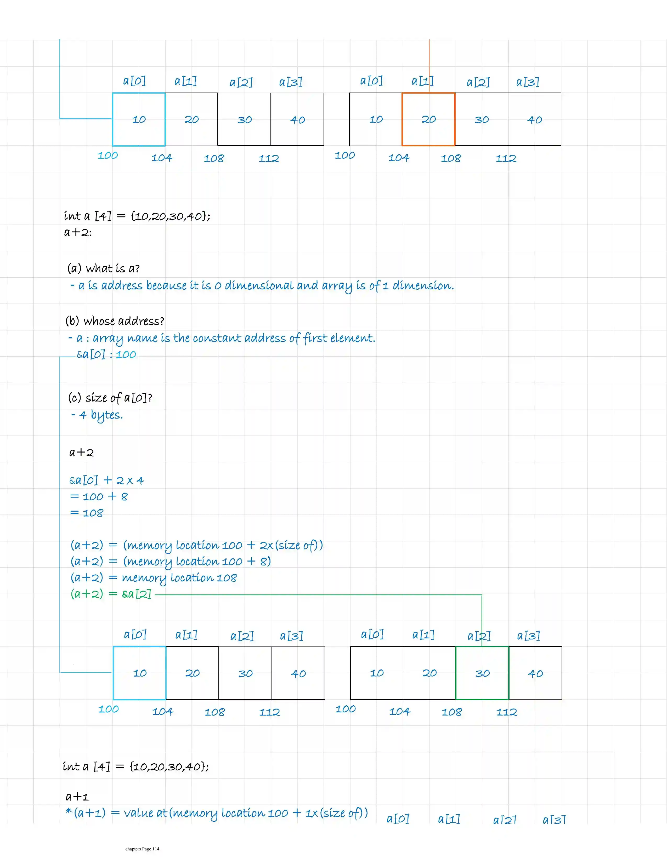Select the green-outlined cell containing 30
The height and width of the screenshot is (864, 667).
click(x=482, y=673)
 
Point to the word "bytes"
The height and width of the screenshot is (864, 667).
click(x=107, y=415)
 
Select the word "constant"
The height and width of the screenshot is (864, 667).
click(x=217, y=338)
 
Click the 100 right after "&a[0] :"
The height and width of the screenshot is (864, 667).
click(x=126, y=354)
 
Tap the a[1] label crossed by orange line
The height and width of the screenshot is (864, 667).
click(x=422, y=81)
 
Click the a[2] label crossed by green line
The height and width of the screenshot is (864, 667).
click(x=479, y=636)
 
